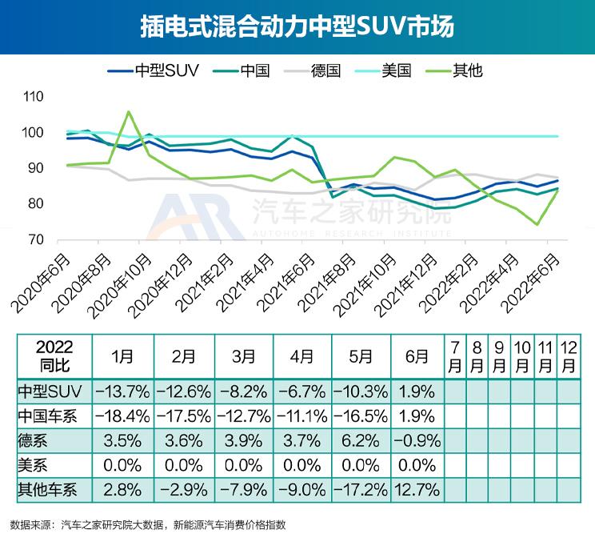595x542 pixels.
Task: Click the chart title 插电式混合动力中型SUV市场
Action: pyautogui.click(x=297, y=27)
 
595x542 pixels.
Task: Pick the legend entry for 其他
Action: pyautogui.click(x=467, y=70)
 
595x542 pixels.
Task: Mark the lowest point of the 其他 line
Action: pyautogui.click(x=537, y=225)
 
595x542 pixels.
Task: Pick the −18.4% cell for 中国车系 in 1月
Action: pyautogui.click(x=122, y=416)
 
